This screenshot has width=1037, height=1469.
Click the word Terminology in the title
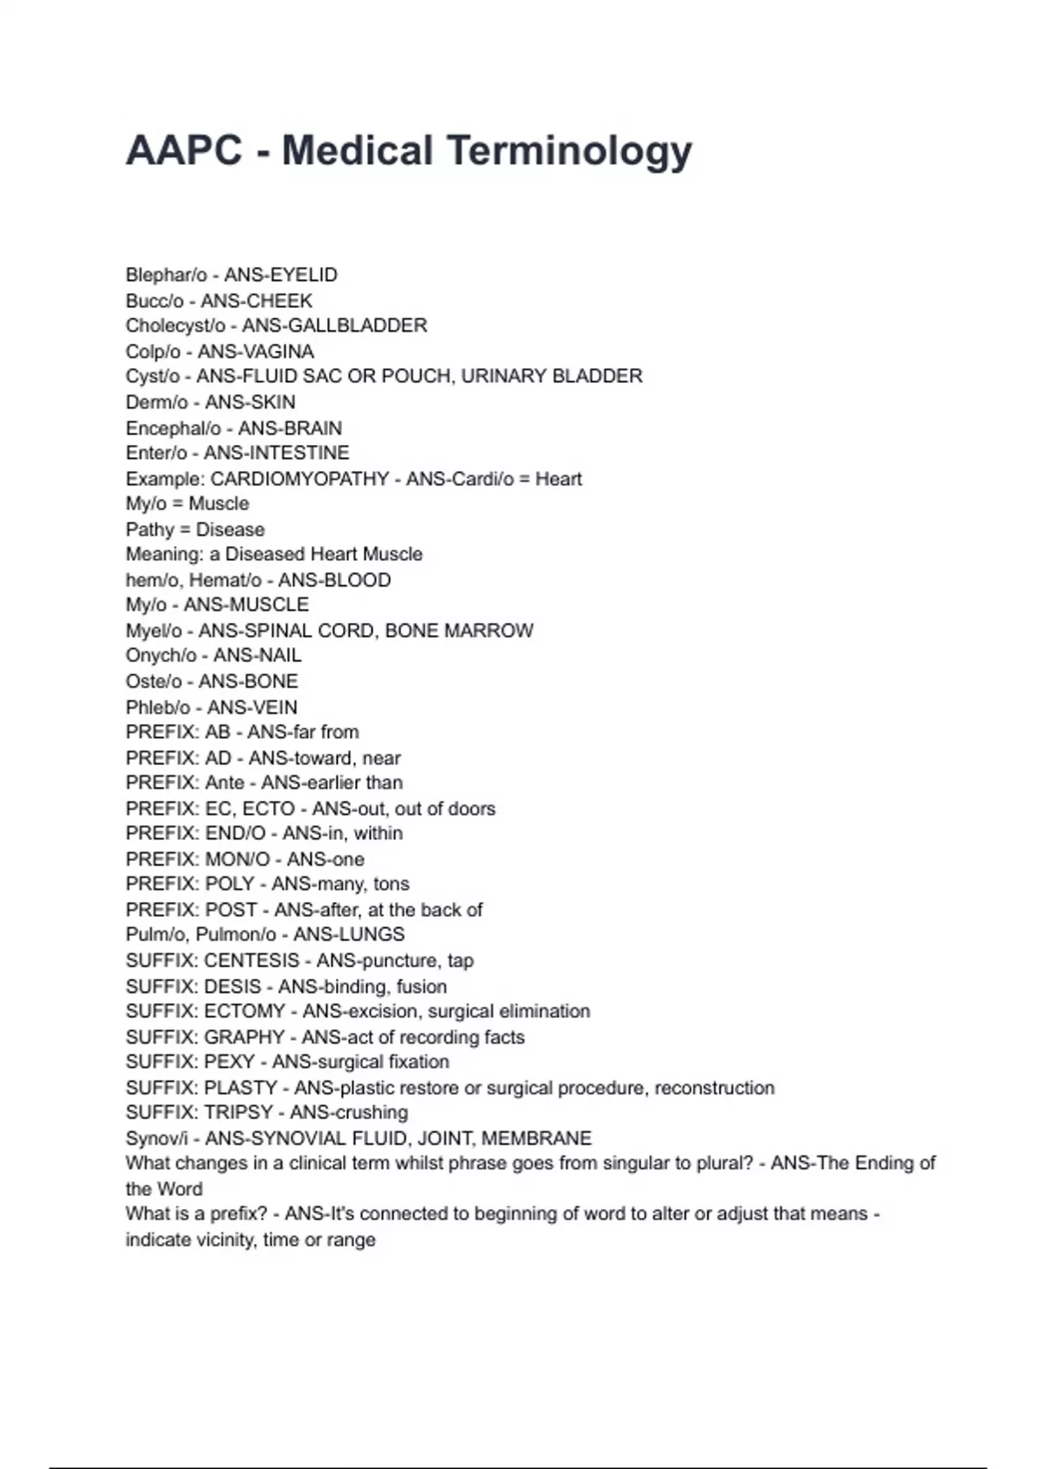569,151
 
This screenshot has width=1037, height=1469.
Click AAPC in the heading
183,150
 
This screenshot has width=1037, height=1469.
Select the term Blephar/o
166,276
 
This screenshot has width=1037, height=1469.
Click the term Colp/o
153,352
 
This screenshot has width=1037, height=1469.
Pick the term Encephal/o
173,429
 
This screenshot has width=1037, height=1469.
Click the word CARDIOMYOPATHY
300,479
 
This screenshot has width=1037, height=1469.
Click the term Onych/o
161,656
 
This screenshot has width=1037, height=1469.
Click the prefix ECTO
269,809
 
